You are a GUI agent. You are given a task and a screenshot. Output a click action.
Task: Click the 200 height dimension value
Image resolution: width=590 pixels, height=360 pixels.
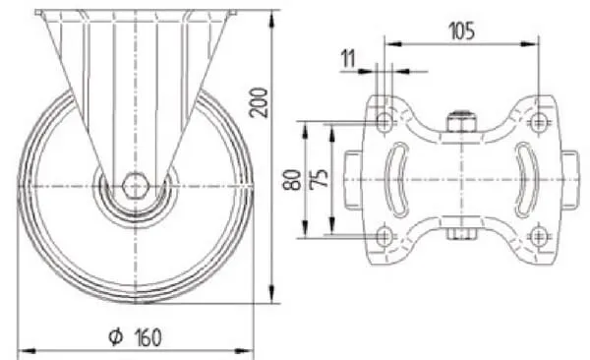tap(259, 102)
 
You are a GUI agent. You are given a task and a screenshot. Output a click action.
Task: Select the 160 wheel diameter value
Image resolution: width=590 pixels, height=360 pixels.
tap(147, 337)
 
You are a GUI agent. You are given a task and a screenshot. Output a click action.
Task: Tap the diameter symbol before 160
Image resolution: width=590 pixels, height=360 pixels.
tap(116, 336)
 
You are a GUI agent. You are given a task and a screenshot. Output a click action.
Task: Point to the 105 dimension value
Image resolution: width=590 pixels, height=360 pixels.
tap(462, 30)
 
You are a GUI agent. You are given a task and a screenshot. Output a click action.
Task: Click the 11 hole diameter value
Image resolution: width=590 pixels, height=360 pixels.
tap(348, 59)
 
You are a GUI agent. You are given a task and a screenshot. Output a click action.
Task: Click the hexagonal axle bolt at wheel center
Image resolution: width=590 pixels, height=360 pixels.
tap(135, 186)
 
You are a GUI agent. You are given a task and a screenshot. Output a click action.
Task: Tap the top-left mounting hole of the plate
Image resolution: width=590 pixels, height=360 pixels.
tap(384, 122)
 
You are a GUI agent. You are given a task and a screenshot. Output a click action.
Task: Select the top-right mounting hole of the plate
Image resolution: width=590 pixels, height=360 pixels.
tap(539, 122)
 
